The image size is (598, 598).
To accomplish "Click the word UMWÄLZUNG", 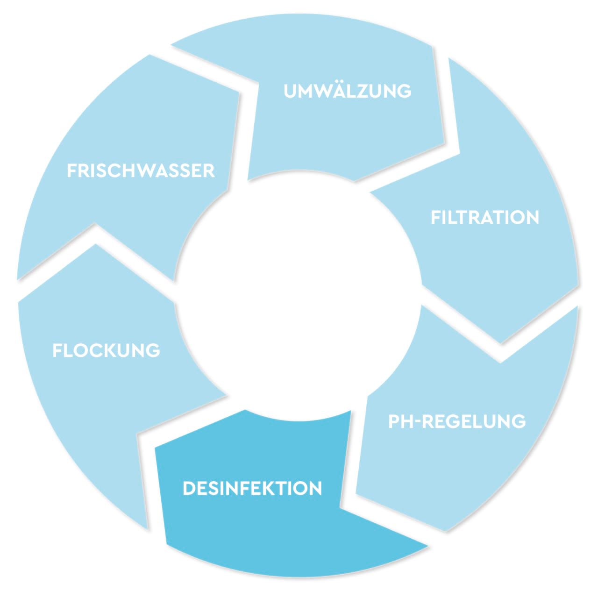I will tap(348, 91).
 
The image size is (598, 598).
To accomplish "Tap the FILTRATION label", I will tap(484, 218).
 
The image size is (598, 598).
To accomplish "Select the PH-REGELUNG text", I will tap(457, 421).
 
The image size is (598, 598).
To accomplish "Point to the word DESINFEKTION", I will tap(252, 489).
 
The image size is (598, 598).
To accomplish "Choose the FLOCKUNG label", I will tap(106, 350).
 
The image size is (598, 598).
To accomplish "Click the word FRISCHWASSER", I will tap(141, 171).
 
